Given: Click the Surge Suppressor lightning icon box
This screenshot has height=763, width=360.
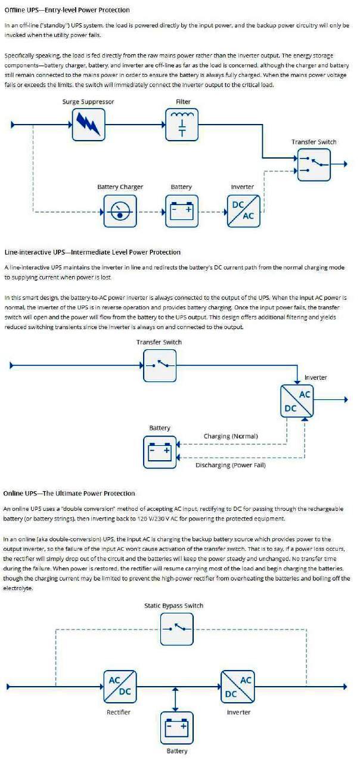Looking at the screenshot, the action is coord(89,125).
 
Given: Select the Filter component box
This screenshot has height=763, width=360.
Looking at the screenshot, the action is coord(182,125).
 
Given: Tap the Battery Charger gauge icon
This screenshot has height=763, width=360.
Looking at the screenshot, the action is coord(120,211).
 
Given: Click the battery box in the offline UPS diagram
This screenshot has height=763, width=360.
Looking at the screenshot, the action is coord(182,211).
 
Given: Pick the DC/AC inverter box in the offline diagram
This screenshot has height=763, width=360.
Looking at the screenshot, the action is coord(244,211).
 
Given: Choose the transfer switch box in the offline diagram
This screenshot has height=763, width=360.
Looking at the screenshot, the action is coord(314,165).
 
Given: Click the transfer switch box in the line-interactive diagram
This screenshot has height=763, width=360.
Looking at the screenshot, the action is coord(160,366).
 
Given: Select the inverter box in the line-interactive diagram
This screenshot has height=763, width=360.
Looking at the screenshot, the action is coord(297,401).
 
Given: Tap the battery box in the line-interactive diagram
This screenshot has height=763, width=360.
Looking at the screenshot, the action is coord(160,452).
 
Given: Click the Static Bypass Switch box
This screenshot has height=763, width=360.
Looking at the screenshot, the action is coord(177,629).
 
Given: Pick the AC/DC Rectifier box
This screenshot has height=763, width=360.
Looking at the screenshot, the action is coord(120,686).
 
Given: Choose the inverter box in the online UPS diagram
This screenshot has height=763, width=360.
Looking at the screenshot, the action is coord(238,686).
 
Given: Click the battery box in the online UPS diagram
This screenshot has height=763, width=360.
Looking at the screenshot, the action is coord(177,727).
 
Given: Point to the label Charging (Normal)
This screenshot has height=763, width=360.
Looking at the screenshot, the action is coord(231,436).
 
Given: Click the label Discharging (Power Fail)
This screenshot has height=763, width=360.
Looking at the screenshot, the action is coord(231,466).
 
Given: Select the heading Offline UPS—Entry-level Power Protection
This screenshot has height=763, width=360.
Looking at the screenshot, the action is coord(67,10).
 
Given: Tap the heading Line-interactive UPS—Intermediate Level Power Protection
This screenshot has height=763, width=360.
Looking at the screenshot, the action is coord(92,252).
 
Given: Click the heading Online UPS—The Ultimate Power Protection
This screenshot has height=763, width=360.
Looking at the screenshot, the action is coord(69,494).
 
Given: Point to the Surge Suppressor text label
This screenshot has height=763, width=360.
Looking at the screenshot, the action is coord(88,102).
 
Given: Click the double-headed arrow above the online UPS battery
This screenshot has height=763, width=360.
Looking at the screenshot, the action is coord(175,699).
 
